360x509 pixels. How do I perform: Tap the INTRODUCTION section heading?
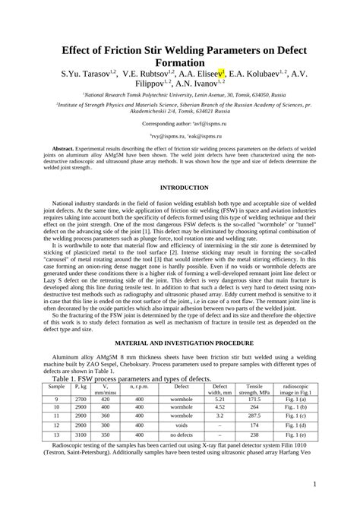point(179,187)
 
